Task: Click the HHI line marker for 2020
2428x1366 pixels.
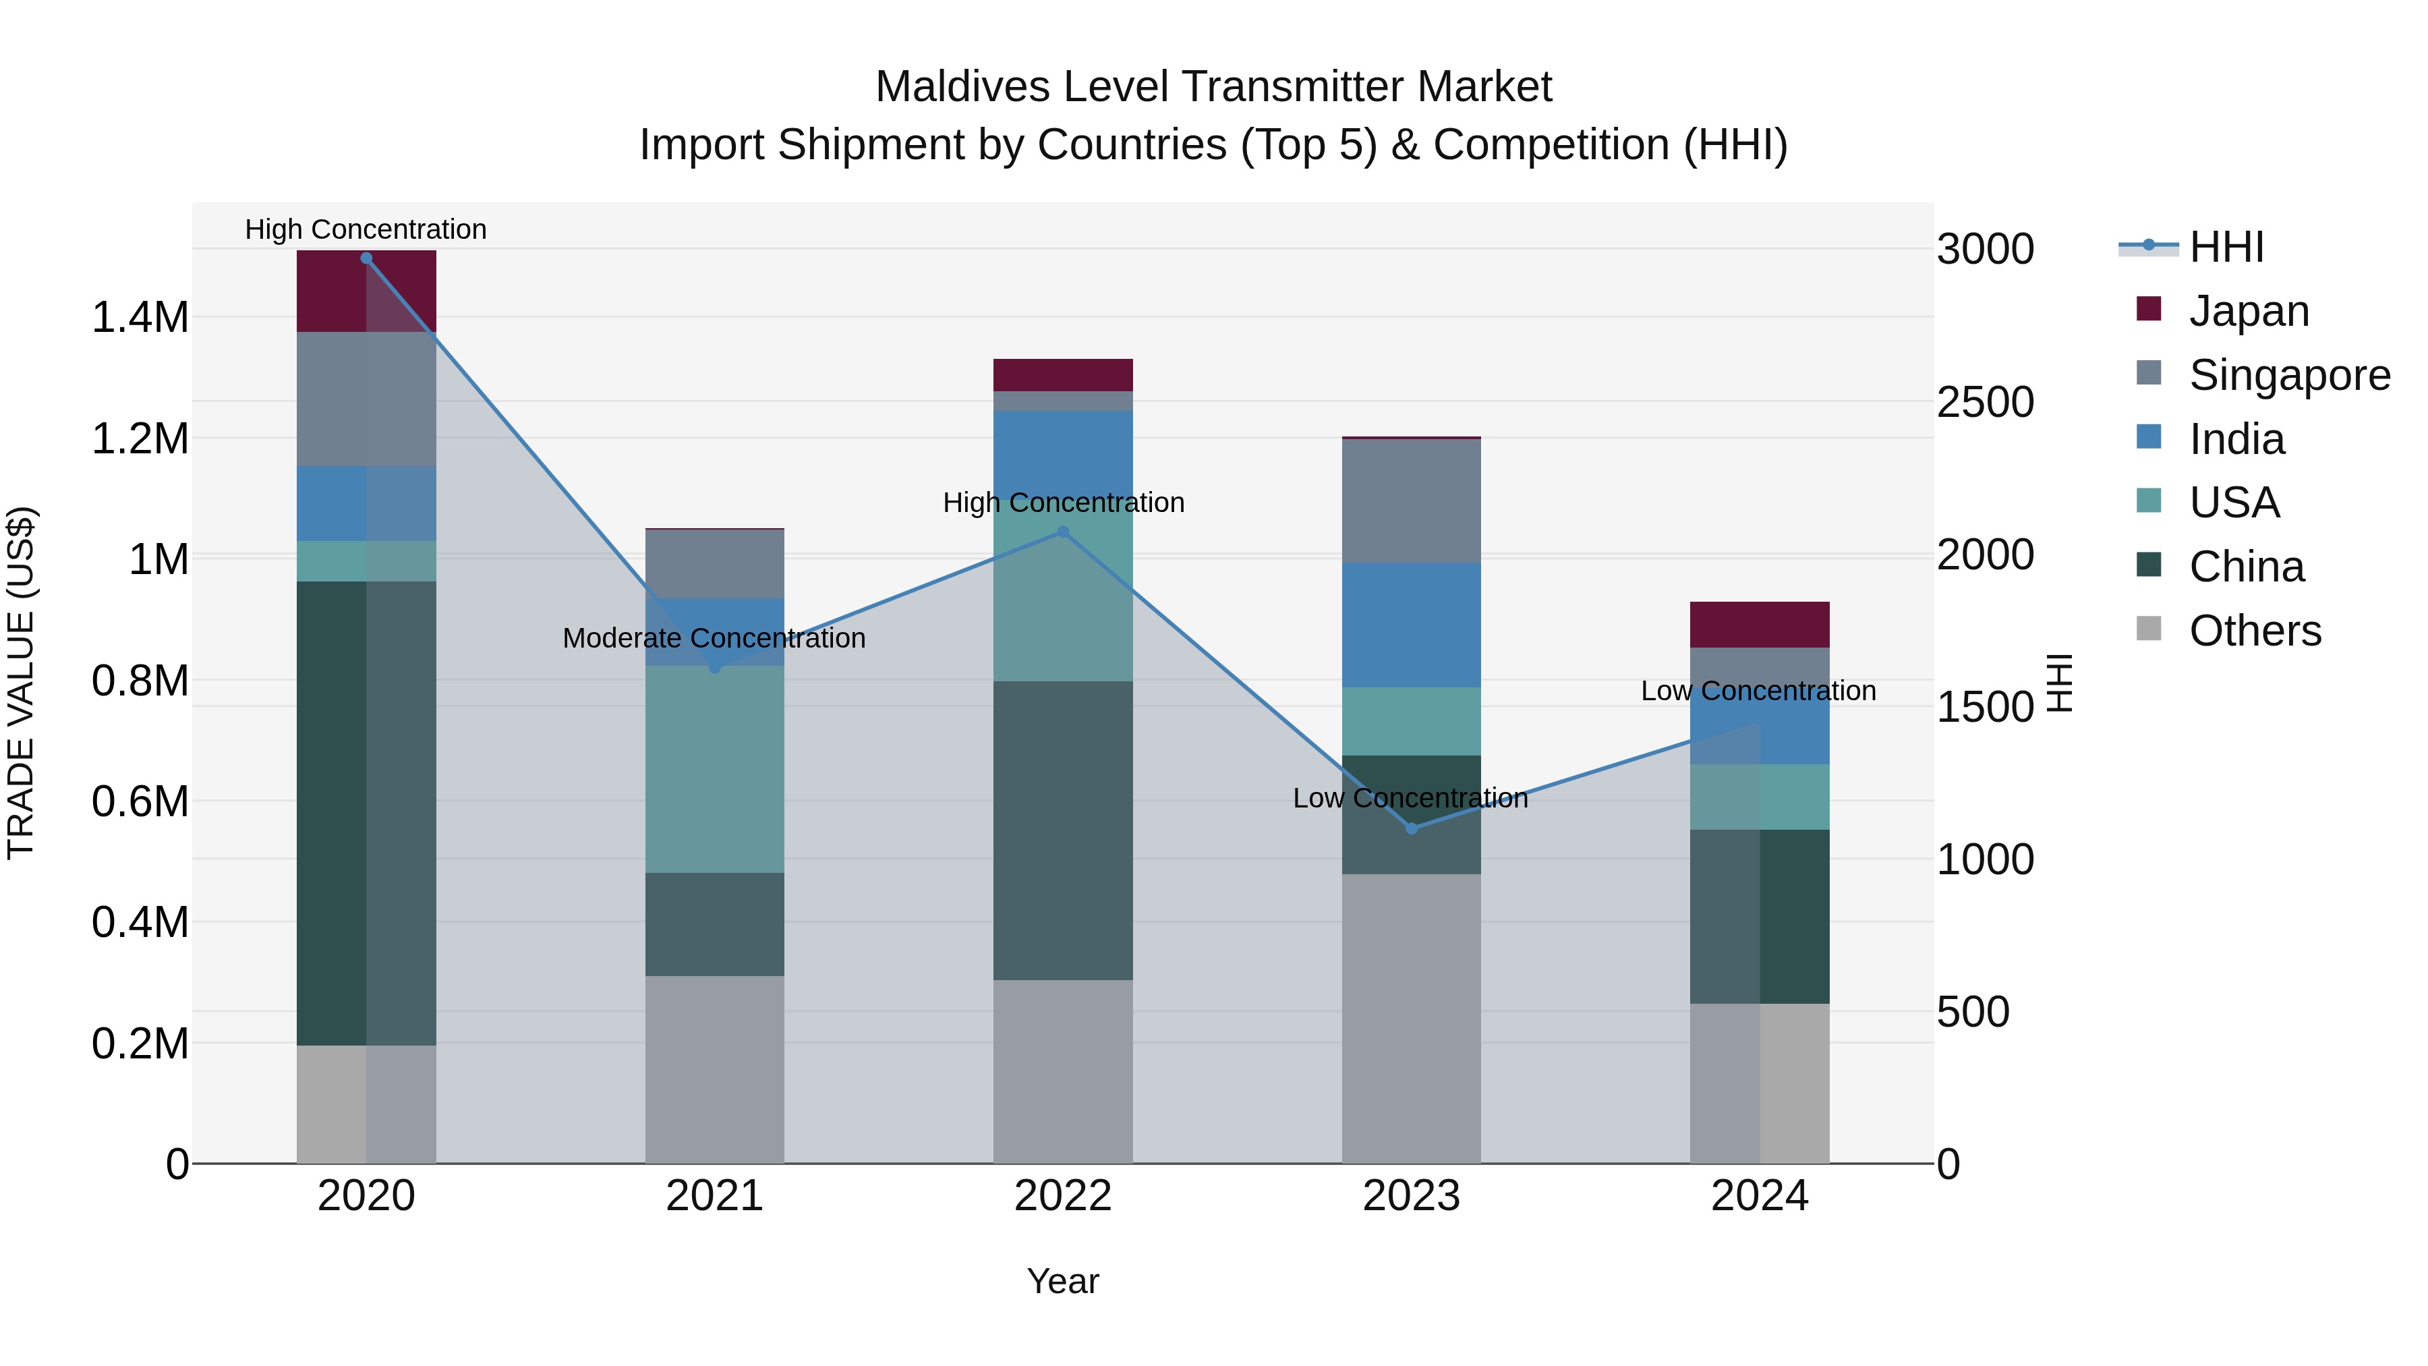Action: tap(367, 258)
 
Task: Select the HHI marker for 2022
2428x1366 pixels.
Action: tap(1063, 532)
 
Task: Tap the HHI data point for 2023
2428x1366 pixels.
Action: tap(1411, 828)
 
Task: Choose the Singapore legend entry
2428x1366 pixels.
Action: tap(2288, 375)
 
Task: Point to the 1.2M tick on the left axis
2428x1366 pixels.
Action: tap(140, 439)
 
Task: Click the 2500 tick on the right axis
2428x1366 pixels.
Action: tap(1985, 403)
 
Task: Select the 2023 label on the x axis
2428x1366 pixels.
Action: tap(1411, 1196)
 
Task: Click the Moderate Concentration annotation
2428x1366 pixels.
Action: tap(714, 638)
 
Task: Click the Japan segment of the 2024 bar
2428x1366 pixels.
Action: tap(1759, 624)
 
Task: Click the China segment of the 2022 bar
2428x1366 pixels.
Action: tap(1063, 830)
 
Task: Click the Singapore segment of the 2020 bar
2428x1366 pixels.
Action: tap(367, 399)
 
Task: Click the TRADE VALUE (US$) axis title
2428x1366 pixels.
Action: tap(21, 683)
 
